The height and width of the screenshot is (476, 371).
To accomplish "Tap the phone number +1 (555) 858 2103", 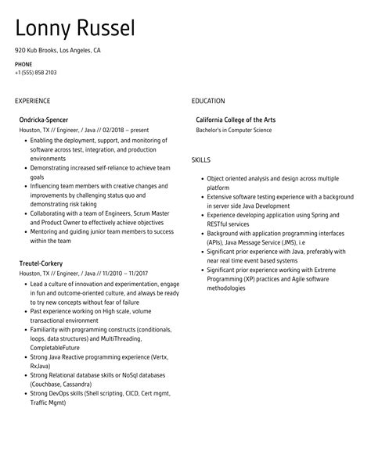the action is pos(35,73).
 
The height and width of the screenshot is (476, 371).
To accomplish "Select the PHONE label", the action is pos(23,63).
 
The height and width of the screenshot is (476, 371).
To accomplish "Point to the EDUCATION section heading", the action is pos(208,101).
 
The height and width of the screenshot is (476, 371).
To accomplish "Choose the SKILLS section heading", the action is pos(201,159).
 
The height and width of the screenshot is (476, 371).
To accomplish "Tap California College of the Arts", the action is pos(237,120).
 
